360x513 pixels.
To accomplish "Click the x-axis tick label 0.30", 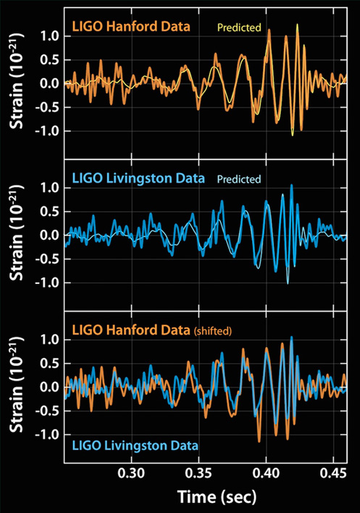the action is (x=131, y=473).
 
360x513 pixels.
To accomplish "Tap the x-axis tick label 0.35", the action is (x=198, y=473).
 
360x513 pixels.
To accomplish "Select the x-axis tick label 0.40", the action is (x=266, y=473).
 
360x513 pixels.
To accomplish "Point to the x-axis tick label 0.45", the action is (x=333, y=473).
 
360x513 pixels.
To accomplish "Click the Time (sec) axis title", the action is (x=217, y=497).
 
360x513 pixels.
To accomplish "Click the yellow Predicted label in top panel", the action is (x=239, y=27).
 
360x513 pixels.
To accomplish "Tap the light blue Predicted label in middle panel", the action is (x=239, y=179).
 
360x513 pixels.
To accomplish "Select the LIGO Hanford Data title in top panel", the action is (x=131, y=26).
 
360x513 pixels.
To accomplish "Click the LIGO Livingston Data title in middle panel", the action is (x=138, y=179).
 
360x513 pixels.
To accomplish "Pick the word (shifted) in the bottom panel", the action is (x=213, y=331).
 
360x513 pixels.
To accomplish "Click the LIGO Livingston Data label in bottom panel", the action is (x=135, y=446).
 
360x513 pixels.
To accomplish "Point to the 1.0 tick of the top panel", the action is (x=49, y=36).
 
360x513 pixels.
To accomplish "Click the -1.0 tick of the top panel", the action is (x=47, y=131).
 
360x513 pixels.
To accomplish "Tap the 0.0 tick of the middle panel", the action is (x=49, y=235).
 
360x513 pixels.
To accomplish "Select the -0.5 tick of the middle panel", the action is (x=47, y=259).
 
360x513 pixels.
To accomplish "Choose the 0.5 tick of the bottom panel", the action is (x=49, y=364).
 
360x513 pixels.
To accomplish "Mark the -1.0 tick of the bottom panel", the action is (x=47, y=434).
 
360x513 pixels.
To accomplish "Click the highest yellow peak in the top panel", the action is (x=297, y=24).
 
